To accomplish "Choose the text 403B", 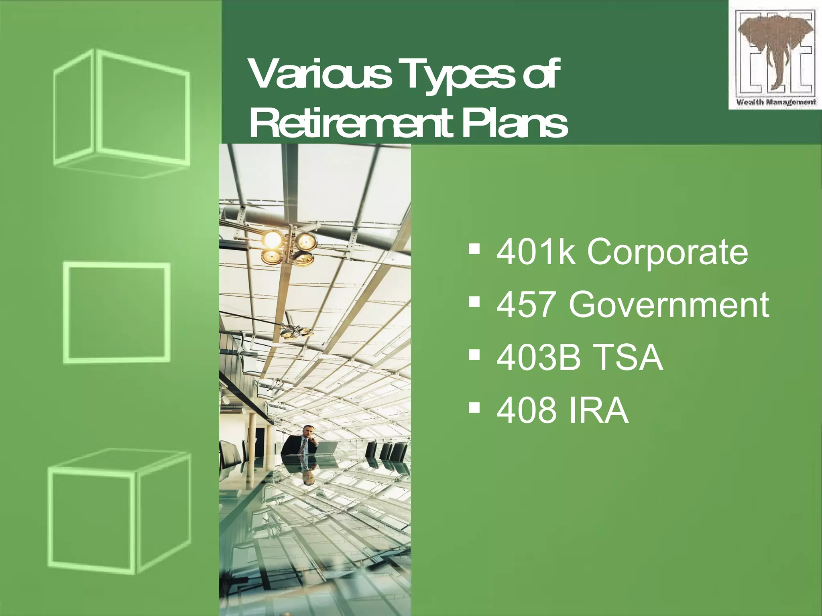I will [538, 357].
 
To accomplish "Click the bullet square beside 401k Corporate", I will [474, 249].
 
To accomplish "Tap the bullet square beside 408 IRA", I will [474, 407].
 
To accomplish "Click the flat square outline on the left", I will [117, 313].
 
